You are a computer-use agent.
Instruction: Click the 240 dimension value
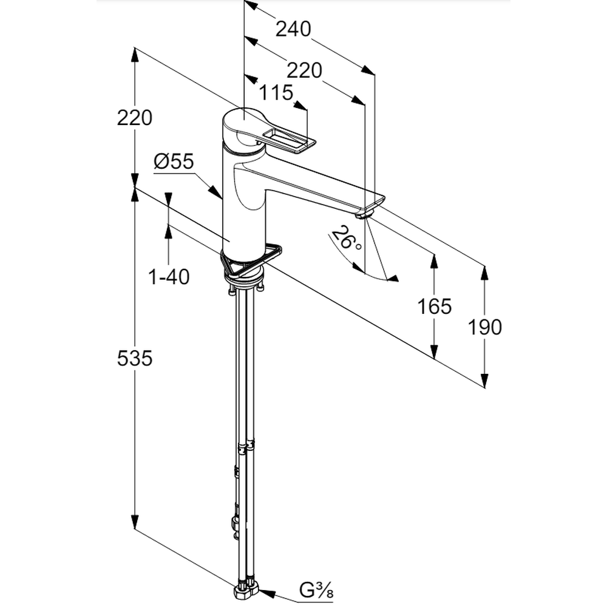point(293,29)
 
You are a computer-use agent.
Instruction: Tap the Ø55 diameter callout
point(174,161)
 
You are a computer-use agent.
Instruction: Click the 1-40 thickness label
point(169,277)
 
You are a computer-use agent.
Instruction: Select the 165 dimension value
point(435,307)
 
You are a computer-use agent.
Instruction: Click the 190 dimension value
point(485,327)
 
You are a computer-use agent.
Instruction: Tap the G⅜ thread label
point(316,589)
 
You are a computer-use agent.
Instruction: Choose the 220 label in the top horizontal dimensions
point(304,70)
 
